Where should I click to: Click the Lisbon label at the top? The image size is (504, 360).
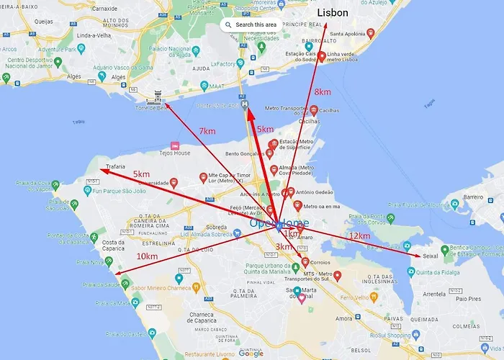coord(333,13)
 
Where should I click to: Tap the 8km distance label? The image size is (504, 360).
coord(323,92)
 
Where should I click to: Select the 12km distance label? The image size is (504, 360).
coord(359,236)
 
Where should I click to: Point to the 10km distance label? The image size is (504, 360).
coord(147,256)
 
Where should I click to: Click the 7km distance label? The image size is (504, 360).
coord(207,131)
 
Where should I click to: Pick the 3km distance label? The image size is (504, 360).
coord(284,247)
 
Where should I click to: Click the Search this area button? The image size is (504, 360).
coord(251,24)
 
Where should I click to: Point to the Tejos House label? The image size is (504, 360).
coord(174,153)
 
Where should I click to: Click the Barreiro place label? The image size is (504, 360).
coord(473,196)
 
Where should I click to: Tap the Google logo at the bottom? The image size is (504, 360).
coord(251,354)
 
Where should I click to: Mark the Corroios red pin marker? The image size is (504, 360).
coord(305,261)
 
